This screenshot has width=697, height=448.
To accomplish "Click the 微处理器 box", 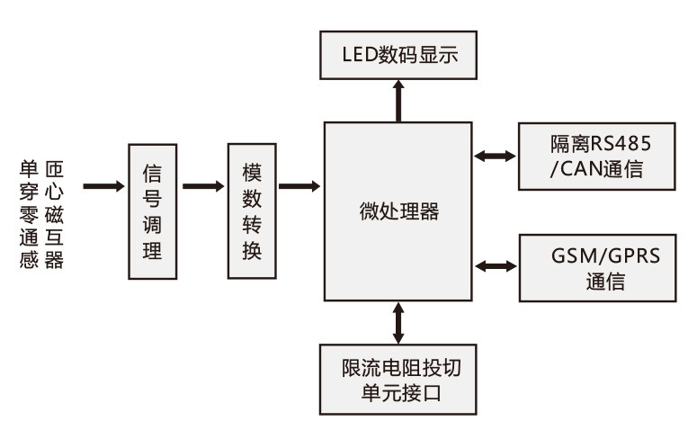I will click(x=397, y=211).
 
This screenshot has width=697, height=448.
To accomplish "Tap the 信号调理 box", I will click(x=152, y=211).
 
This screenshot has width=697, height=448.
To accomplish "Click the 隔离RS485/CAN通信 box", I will click(x=597, y=156).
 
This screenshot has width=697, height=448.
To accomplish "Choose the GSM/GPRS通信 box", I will click(x=597, y=267).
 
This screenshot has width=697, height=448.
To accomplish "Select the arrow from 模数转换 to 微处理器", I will click(x=299, y=187).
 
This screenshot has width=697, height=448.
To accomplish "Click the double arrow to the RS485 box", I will click(x=496, y=156).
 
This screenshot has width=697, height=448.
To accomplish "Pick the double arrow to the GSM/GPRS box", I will click(x=496, y=266).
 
